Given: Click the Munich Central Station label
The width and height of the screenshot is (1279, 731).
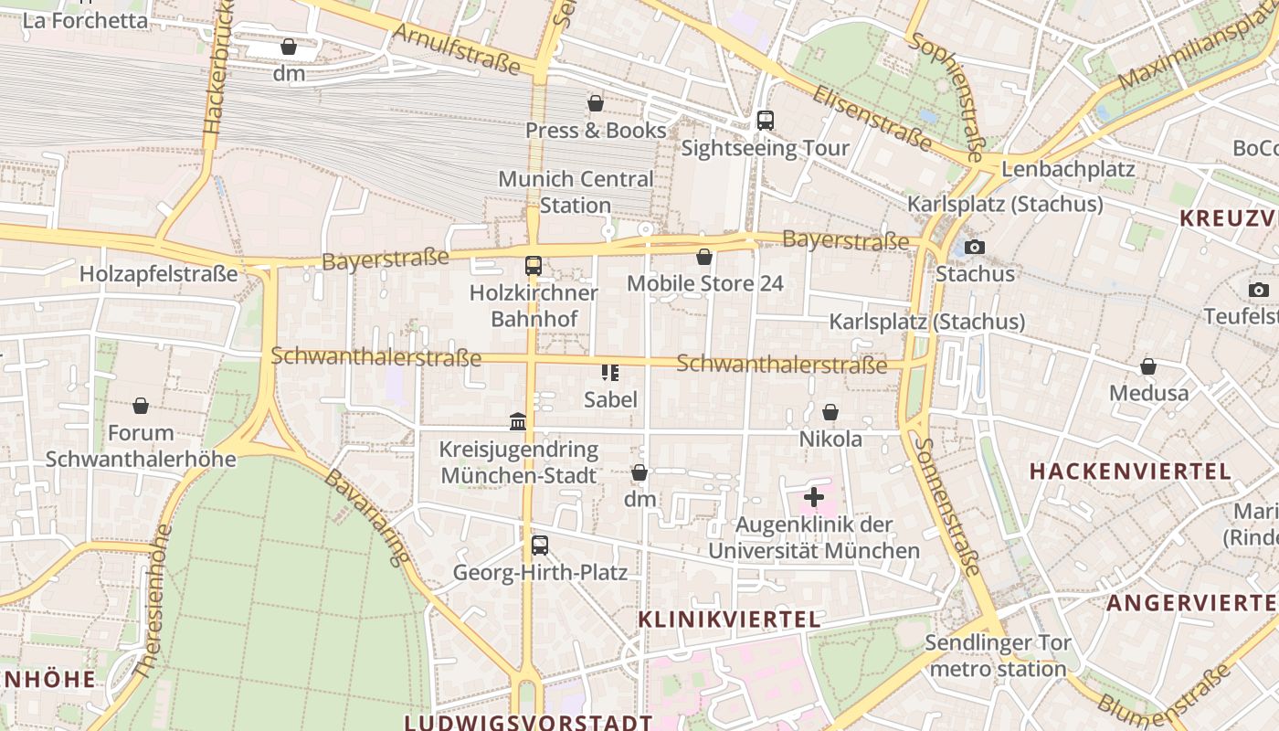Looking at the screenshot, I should pyautogui.click(x=576, y=192).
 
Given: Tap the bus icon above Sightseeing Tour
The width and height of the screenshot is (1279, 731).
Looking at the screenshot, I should pyautogui.click(x=766, y=120).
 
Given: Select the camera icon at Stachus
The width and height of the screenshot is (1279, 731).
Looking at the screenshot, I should pyautogui.click(x=975, y=247).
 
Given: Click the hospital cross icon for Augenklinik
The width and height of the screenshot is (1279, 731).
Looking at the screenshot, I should pyautogui.click(x=813, y=498).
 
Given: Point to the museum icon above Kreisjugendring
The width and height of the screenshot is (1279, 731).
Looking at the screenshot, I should pyautogui.click(x=518, y=421).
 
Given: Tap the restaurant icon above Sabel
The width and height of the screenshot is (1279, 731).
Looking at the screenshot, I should pyautogui.click(x=610, y=372).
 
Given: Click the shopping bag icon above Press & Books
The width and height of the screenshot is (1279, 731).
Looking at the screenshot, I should pyautogui.click(x=596, y=103).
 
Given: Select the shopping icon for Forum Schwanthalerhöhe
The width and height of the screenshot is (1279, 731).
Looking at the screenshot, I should pyautogui.click(x=141, y=405).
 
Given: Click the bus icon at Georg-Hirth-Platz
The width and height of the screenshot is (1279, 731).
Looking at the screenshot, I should pyautogui.click(x=540, y=546).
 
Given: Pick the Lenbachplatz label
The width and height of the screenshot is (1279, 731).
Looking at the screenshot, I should pyautogui.click(x=1068, y=169).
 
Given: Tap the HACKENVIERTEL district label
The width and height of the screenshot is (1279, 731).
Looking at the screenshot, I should pyautogui.click(x=1130, y=471).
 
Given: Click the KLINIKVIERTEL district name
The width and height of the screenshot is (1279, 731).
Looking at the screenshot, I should pyautogui.click(x=729, y=620).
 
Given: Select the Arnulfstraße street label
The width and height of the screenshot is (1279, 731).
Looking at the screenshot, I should pyautogui.click(x=457, y=49).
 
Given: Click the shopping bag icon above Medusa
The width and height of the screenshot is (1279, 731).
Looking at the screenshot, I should pyautogui.click(x=1148, y=366).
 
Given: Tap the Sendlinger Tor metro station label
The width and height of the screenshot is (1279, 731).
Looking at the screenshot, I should pyautogui.click(x=997, y=655).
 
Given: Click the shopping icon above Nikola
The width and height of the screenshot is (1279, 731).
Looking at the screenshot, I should pyautogui.click(x=830, y=412).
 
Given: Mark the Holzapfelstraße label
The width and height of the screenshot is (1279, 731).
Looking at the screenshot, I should pyautogui.click(x=158, y=273).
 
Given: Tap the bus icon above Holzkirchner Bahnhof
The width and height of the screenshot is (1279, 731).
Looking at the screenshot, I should pyautogui.click(x=534, y=266).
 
